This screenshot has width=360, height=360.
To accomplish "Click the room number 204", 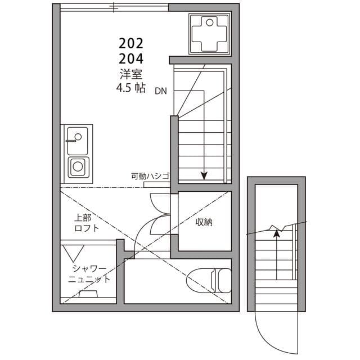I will [x=131, y=58].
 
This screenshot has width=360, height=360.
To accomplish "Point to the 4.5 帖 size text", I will [x=131, y=88].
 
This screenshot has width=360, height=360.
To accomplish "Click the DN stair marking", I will [x=161, y=91].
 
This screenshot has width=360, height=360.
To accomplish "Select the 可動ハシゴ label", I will [x=150, y=176].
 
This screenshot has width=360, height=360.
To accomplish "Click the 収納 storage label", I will [x=204, y=222].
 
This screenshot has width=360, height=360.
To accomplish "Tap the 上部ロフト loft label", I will [x=87, y=223].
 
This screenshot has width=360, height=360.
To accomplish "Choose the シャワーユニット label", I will [x=89, y=273].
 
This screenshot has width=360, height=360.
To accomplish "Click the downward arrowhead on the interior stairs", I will [x=204, y=176].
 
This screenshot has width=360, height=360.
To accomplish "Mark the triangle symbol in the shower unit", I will [x=72, y=250].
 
